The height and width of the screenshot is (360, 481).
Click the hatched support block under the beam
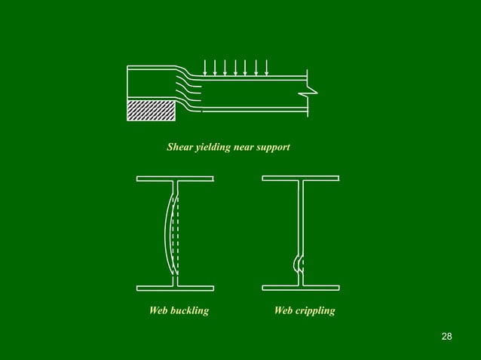click(152, 109)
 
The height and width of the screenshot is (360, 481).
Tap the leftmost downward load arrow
click(205, 68)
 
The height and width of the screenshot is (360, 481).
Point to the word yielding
click(213, 148)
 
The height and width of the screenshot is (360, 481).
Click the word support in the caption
click(272, 148)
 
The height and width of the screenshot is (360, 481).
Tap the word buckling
click(189, 310)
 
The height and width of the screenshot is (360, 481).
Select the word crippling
click(315, 310)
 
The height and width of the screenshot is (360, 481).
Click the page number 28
click(446, 335)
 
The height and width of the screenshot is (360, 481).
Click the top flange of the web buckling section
click(175, 178)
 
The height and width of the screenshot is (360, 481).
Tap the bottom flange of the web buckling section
click(175, 288)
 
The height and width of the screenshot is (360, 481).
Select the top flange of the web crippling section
click(300, 178)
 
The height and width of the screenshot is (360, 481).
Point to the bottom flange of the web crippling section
click(300, 288)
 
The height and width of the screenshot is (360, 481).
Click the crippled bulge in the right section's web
click(297, 263)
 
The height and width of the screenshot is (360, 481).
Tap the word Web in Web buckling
click(158, 310)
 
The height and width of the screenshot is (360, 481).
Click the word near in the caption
click(244, 148)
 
